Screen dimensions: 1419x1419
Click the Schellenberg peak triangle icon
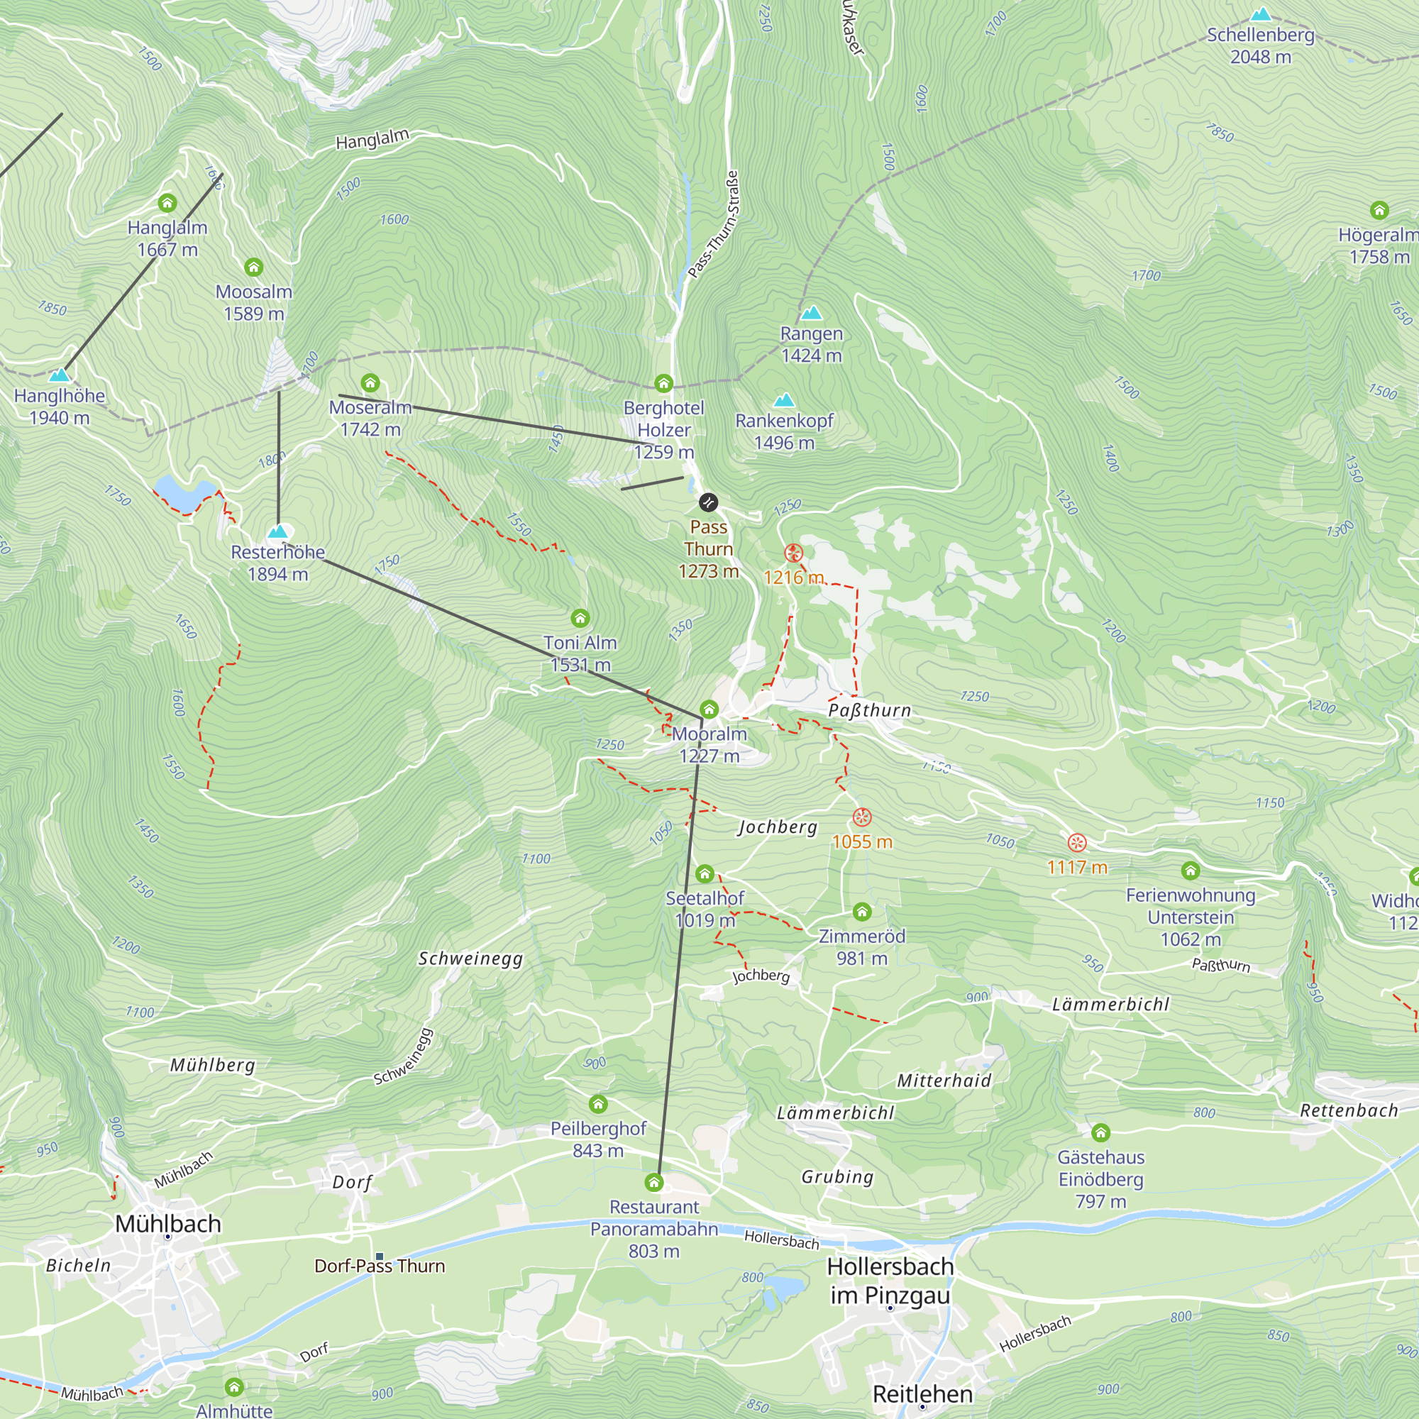(1261, 15)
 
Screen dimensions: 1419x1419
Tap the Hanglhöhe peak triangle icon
(60, 375)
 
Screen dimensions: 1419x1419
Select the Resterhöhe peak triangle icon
(277, 531)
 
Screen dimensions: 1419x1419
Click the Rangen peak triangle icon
(811, 313)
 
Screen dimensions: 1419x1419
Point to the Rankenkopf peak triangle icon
(785, 400)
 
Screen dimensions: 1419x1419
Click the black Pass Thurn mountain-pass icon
(708, 502)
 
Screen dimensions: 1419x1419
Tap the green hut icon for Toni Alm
(580, 618)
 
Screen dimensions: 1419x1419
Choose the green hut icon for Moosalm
(253, 267)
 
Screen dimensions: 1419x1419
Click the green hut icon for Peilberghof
(598, 1104)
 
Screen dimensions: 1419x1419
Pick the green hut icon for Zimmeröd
(861, 912)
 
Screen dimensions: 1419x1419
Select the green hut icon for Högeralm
(1379, 210)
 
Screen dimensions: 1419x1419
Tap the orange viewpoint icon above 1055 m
(861, 817)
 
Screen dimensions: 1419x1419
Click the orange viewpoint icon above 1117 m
(1077, 842)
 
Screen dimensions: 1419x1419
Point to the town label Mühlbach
(168, 1224)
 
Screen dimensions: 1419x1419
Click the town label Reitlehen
(922, 1394)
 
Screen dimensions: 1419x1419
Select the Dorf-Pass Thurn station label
(380, 1266)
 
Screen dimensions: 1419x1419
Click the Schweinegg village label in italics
(470, 959)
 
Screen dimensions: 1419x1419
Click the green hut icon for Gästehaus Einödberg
(1100, 1132)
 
